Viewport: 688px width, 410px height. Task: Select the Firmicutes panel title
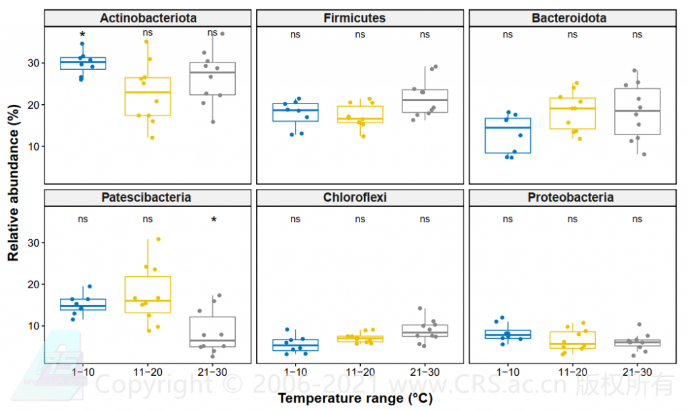[x=359, y=18]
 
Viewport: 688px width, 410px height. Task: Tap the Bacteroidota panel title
[x=572, y=18]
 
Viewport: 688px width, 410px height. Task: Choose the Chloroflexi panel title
[x=359, y=198]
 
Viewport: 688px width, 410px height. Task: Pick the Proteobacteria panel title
[x=572, y=198]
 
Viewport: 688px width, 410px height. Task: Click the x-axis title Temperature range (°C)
[x=360, y=399]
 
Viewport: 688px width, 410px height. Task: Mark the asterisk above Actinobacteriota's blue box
[x=83, y=35]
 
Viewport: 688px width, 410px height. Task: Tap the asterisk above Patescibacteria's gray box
[x=214, y=220]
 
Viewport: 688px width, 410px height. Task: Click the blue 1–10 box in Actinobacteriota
[x=83, y=63]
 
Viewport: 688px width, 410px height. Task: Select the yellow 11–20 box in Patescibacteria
[x=148, y=294]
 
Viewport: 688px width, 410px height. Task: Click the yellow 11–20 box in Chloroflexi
[x=360, y=339]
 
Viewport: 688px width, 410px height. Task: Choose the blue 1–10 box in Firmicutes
[x=296, y=112]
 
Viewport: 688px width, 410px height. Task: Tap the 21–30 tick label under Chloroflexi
[x=425, y=372]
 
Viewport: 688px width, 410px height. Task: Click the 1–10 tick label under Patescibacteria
[x=83, y=372]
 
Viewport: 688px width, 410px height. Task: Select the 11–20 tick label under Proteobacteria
[x=572, y=372]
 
